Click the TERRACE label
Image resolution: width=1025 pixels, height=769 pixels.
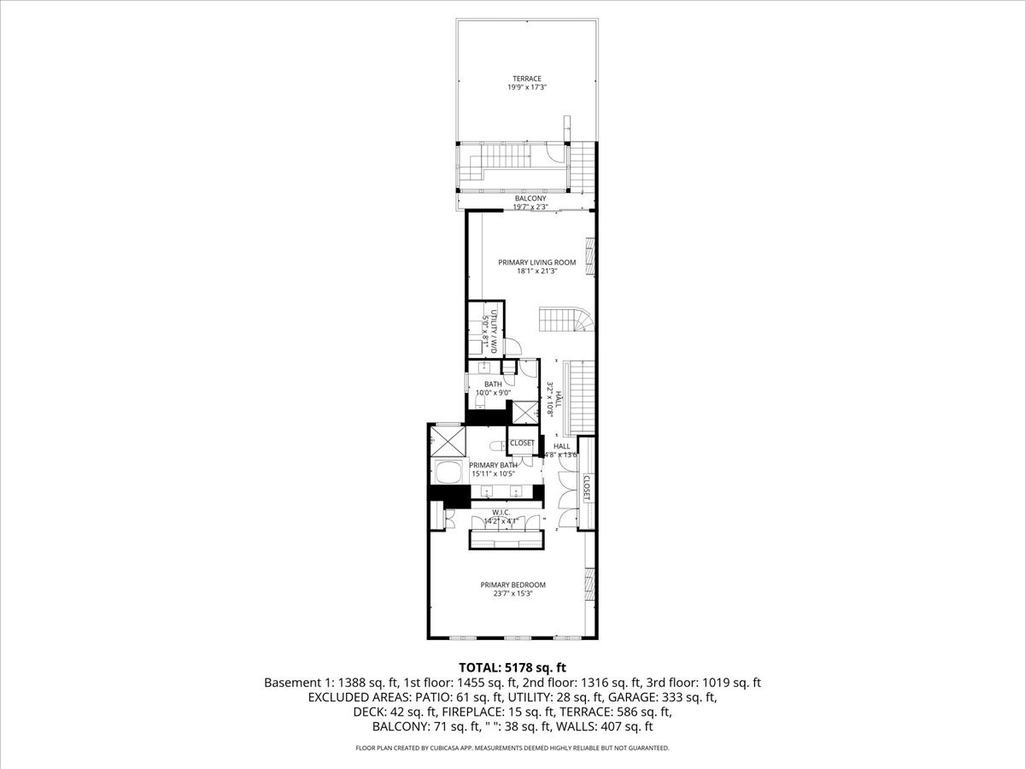527,79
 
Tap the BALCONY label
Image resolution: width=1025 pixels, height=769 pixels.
530,198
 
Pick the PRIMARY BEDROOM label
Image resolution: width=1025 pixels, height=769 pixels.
512,585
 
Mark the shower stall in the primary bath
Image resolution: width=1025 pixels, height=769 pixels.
448,441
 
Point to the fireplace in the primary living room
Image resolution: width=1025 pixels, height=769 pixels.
589,257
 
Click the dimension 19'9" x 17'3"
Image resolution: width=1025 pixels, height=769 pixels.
527,87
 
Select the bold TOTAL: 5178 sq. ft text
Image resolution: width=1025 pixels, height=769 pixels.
512,667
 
